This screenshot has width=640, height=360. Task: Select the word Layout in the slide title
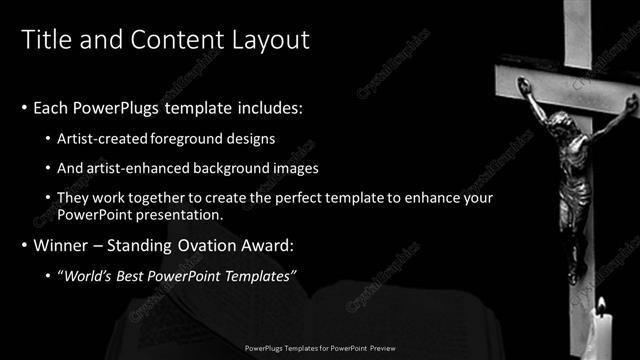269,40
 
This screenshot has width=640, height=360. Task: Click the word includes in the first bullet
258,107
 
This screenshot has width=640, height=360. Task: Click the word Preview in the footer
382,348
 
